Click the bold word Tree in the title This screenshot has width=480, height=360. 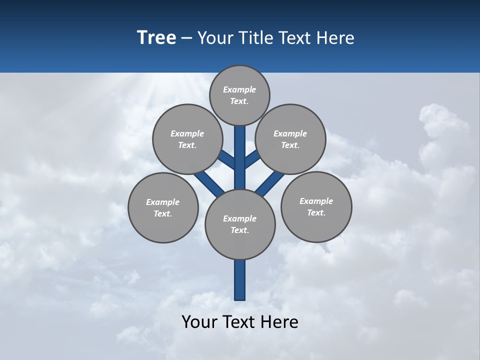tap(156, 37)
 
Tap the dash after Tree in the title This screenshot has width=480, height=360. tap(186, 38)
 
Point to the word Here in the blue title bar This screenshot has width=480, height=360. tap(335, 38)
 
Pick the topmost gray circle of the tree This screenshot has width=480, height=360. tap(239, 95)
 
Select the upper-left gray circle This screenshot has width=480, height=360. tap(187, 139)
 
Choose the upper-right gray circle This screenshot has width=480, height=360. tap(290, 139)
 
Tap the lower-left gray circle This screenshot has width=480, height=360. tap(163, 207)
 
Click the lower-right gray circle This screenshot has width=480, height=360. tap(316, 206)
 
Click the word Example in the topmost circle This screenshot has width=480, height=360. tap(239, 89)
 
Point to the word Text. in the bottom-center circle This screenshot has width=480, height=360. tap(239, 230)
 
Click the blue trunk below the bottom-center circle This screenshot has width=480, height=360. tap(240, 280)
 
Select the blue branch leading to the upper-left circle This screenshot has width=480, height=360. tap(228, 160)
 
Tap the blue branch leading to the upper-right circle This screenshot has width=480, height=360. tap(251, 160)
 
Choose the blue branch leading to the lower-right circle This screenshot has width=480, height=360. tap(270, 183)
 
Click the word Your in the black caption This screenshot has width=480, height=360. tap(199, 322)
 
